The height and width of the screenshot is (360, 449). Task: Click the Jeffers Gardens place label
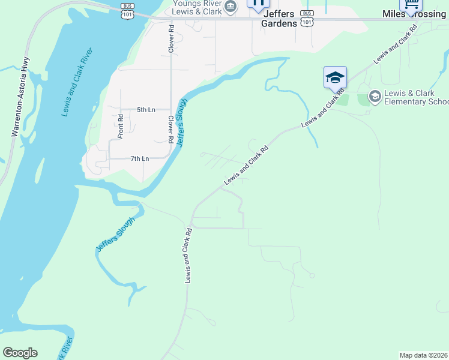(x=279, y=19)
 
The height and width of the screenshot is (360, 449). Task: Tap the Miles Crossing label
(x=415, y=14)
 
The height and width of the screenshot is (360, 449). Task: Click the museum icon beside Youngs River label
(x=231, y=7)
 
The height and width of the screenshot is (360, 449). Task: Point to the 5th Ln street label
(x=146, y=110)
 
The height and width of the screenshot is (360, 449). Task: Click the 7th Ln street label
(x=140, y=158)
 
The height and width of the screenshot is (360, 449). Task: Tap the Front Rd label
(x=120, y=126)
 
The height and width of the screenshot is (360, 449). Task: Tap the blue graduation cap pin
(x=335, y=77)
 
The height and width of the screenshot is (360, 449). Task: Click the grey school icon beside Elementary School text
(x=375, y=96)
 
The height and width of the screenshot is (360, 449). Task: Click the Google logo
(x=20, y=353)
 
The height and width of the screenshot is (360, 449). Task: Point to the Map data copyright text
(x=424, y=355)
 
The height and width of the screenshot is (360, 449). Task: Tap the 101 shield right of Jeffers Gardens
(x=307, y=22)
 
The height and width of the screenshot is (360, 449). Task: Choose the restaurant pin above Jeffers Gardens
(x=258, y=4)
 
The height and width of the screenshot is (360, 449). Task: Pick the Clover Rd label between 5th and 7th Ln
(x=170, y=129)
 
